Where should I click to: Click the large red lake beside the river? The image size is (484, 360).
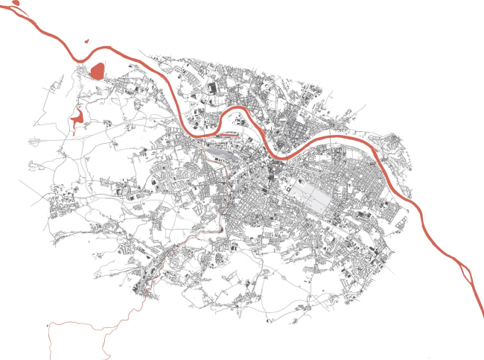coord(98,71)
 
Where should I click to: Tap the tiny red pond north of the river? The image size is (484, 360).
coord(86,42)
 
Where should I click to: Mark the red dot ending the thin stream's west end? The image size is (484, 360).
coord(48,326)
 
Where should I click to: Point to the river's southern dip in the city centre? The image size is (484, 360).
coord(287,157)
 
